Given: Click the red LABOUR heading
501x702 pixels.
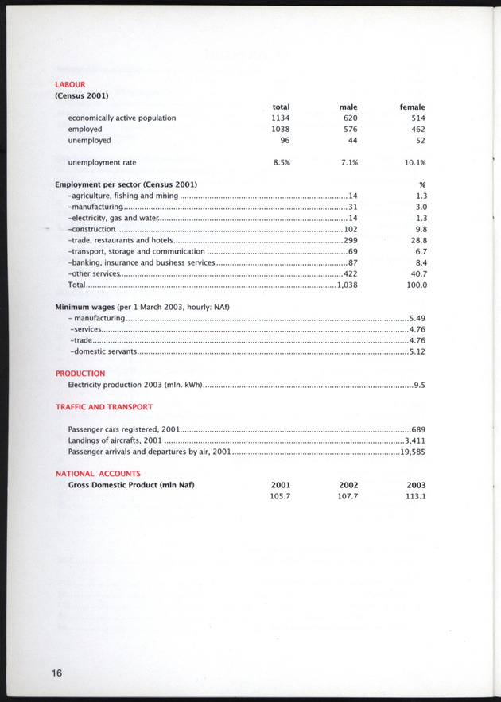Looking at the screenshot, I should coord(70,83).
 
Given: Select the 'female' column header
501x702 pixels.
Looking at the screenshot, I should coord(412,107).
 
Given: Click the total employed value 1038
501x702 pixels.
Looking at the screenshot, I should coord(280,129).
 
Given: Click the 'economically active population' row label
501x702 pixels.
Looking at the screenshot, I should coord(122,118).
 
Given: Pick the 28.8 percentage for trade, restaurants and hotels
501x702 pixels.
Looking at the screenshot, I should coord(418,240).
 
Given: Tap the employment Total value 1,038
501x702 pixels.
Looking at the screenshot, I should coord(347,285).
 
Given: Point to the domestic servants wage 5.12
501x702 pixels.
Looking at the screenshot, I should coord(417,351).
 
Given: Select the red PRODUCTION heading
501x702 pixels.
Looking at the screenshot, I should coord(80,373).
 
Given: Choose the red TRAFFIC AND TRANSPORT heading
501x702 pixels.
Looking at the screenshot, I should coord(103,406).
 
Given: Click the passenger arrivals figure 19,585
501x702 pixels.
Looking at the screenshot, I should coord(414,452).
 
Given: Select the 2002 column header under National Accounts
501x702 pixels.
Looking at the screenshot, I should coord(348,485).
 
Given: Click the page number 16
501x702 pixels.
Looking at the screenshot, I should coord(55,673).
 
